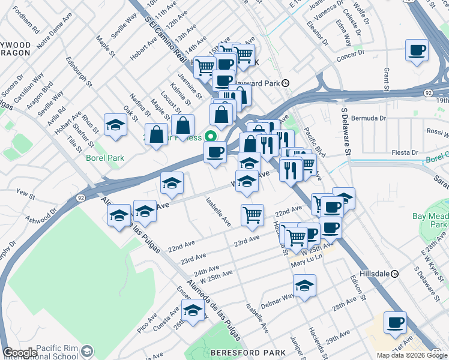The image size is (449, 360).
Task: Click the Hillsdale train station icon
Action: (395, 274)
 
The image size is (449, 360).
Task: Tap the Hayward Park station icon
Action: (286, 83)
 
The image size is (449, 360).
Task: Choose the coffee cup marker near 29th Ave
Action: (395, 322)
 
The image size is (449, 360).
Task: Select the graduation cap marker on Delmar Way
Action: (304, 286)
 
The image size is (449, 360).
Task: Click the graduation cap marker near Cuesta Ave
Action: (193, 310)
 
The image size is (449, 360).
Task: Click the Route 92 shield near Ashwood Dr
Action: (80, 197)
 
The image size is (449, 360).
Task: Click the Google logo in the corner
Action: (20, 353)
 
